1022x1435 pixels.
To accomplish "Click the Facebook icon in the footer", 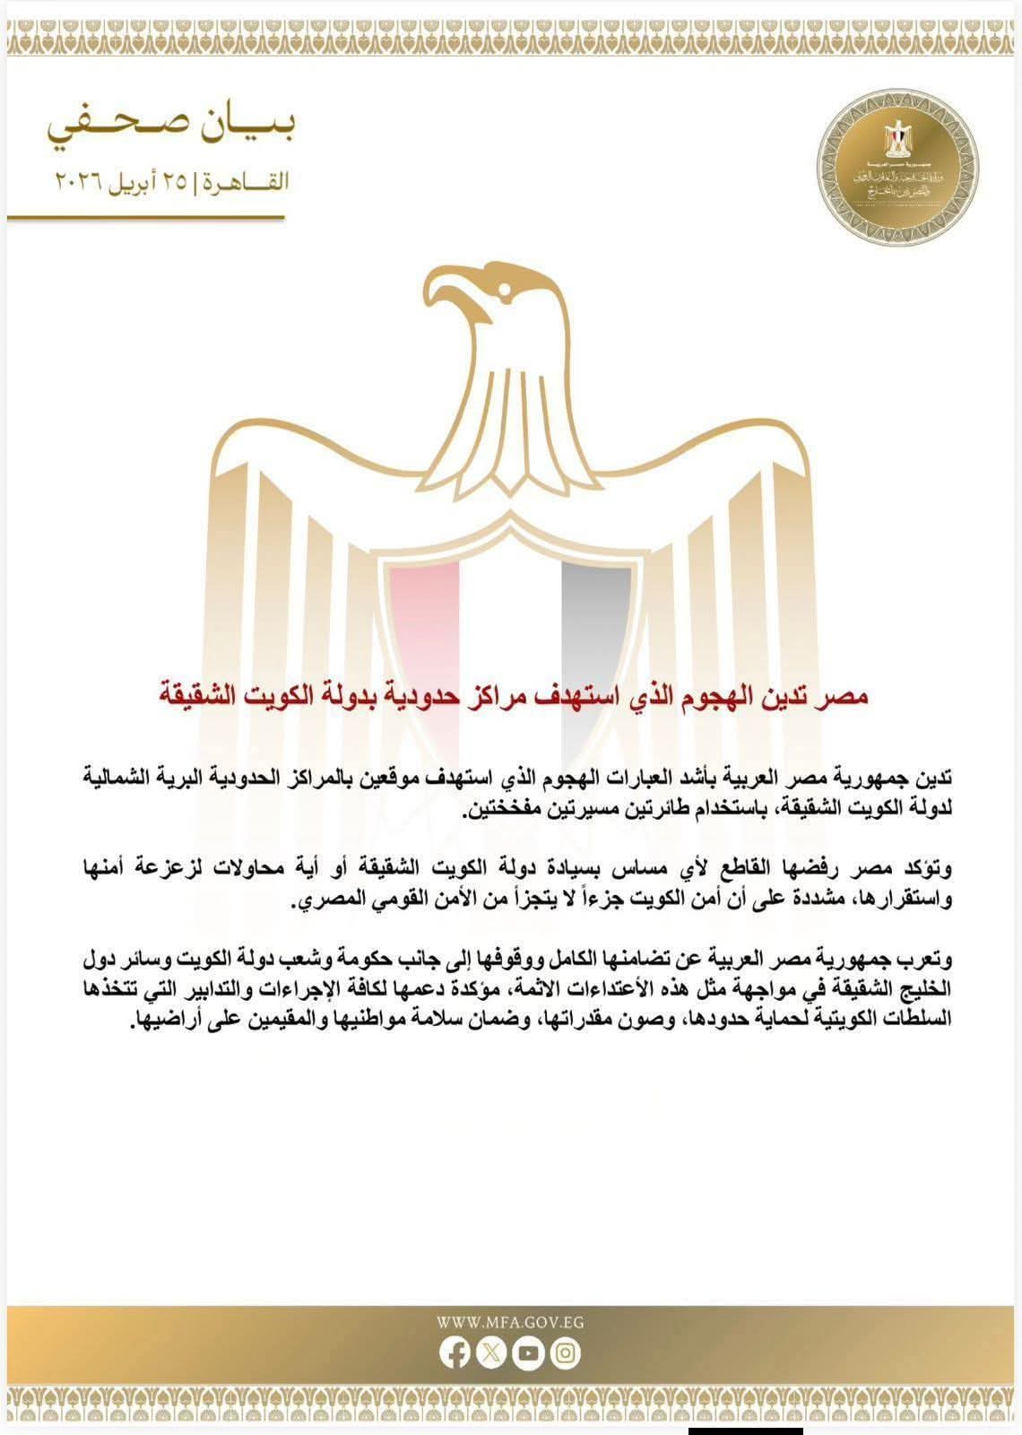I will pyautogui.click(x=455, y=1353).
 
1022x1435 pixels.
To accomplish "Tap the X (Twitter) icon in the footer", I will pyautogui.click(x=492, y=1353).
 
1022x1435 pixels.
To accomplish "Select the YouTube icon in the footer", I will pyautogui.click(x=529, y=1353).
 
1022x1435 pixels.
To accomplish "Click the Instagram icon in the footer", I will pyautogui.click(x=566, y=1353).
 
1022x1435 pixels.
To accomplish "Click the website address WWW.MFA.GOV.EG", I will pyautogui.click(x=510, y=1322).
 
